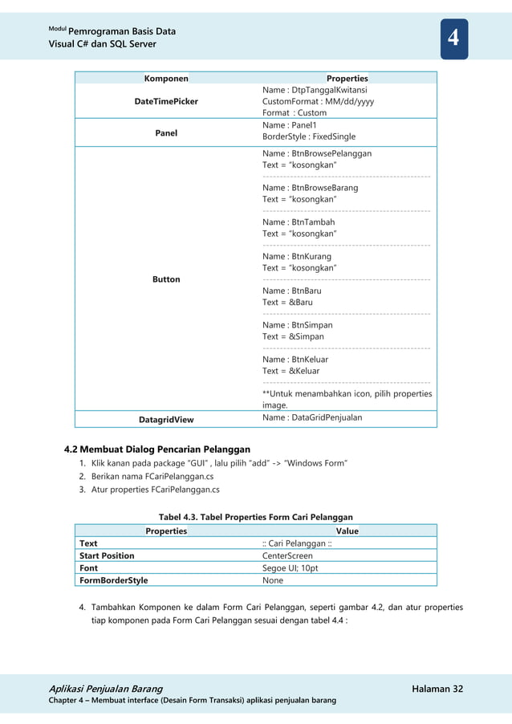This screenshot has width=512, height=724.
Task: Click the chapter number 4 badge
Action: (453, 38)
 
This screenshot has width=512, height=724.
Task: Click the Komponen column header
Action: (166, 79)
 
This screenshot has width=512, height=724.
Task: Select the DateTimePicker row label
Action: (166, 102)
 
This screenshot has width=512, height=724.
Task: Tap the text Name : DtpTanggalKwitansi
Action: (315, 91)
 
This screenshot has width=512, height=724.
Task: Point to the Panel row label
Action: (166, 132)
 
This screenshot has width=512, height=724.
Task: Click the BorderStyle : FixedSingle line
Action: (309, 137)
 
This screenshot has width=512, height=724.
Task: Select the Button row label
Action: (166, 279)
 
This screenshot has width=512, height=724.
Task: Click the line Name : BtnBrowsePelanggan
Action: (317, 153)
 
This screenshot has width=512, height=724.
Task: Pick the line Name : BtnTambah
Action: (299, 222)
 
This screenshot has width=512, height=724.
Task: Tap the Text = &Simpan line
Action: (293, 337)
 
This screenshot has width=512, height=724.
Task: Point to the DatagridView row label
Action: (166, 419)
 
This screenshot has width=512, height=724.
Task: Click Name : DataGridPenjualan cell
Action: (312, 417)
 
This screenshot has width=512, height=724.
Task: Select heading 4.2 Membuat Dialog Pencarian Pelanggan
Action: (156, 449)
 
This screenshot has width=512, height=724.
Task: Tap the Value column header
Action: (347, 531)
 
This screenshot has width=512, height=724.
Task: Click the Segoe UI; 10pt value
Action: (291, 567)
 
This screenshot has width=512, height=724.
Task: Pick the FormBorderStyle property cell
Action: (113, 580)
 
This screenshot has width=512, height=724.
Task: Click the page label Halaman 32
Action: (437, 689)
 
